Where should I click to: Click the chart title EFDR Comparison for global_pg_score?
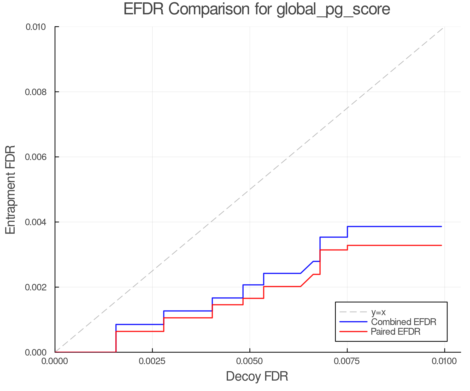coord(257,9)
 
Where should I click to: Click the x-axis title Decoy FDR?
coord(257,376)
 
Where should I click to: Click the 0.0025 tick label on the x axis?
coord(152,361)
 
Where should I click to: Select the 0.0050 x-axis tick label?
coord(250,361)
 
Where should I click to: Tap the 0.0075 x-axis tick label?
coord(347,361)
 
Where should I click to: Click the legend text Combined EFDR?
coord(404,322)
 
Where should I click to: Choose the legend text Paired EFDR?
coord(396,332)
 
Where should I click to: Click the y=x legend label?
coord(378,312)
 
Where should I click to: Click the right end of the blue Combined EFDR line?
coord(441,227)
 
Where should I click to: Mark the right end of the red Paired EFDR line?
coord(441,245)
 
